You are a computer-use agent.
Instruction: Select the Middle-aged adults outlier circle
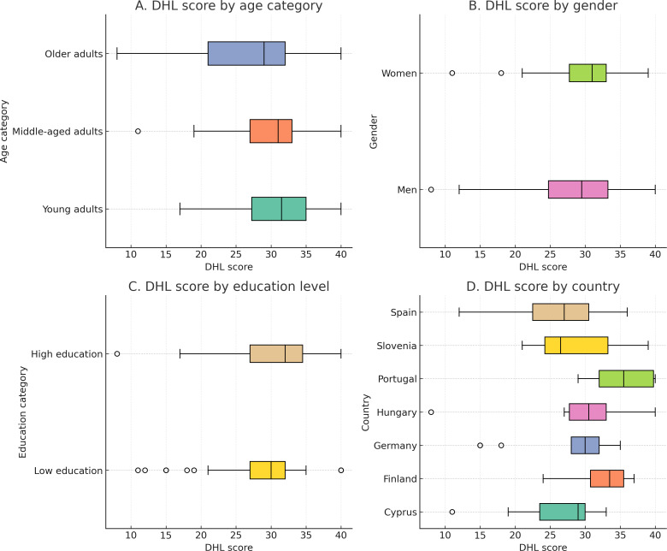coord(138,131)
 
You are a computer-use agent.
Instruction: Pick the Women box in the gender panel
coord(587,73)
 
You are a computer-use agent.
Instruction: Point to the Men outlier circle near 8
coord(431,189)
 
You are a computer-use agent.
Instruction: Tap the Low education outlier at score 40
coord(341,470)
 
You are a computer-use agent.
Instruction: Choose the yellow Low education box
coord(267,470)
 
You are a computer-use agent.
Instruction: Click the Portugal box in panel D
coord(627,378)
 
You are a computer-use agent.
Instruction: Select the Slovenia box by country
coord(576,345)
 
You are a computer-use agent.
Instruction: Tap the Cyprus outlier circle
coord(452,512)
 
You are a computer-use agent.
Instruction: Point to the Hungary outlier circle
coord(431,412)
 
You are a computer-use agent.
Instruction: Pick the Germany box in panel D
coord(585,445)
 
